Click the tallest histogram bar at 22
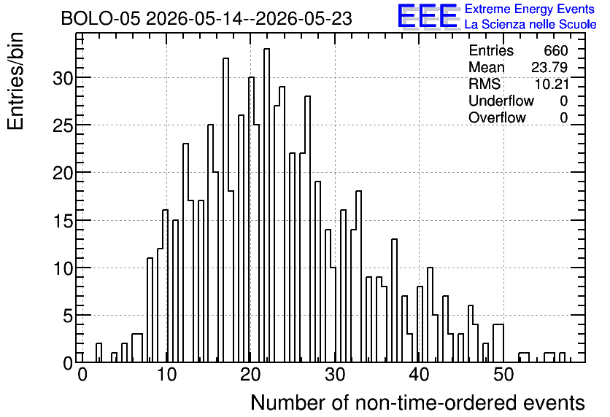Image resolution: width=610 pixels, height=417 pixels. click(x=266, y=206)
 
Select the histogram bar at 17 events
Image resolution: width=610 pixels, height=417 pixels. click(x=225, y=210)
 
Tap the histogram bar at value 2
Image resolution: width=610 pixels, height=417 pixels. click(x=99, y=353)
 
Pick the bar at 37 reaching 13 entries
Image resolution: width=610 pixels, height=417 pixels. click(x=395, y=301)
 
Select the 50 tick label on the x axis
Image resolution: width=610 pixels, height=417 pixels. click(x=503, y=375)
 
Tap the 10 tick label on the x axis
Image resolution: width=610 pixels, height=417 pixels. click(x=166, y=375)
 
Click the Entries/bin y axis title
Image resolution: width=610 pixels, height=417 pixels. click(x=16, y=81)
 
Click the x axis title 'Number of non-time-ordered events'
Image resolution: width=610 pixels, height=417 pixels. click(x=417, y=402)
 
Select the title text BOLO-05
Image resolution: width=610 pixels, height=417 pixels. click(x=101, y=19)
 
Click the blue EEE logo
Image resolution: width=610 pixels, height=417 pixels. click(x=428, y=16)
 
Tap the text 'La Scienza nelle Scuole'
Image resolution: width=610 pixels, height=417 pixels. click(x=530, y=24)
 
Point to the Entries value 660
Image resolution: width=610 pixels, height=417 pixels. click(x=556, y=50)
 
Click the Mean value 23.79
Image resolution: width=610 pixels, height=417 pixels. click(x=549, y=67)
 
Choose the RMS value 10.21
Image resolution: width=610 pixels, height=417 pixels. click(x=552, y=84)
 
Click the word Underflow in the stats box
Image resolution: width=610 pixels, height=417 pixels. click(x=501, y=101)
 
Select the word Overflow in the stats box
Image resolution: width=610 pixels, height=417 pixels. click(x=497, y=118)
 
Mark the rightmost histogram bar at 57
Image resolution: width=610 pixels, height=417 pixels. click(x=562, y=357)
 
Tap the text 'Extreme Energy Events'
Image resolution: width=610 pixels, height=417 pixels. click(x=530, y=9)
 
